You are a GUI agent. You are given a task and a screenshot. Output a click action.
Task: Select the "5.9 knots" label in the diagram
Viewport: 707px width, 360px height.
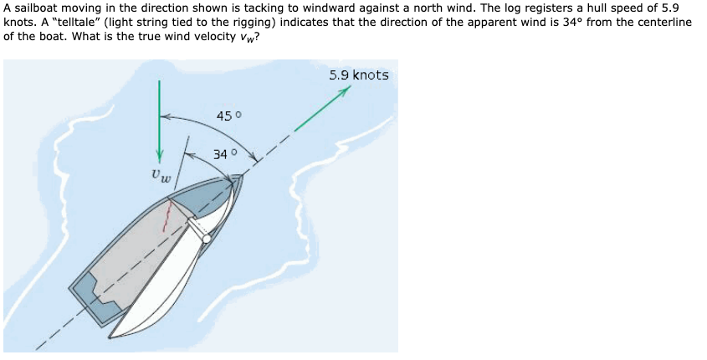pyautogui.click(x=358, y=75)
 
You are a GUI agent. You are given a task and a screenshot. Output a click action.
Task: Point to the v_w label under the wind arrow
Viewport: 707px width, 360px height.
pyautogui.click(x=161, y=177)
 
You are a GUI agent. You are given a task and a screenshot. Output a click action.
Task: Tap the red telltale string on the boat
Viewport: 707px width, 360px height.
pyautogui.click(x=171, y=218)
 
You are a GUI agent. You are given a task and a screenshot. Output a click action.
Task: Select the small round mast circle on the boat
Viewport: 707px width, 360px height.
pyautogui.click(x=207, y=239)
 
